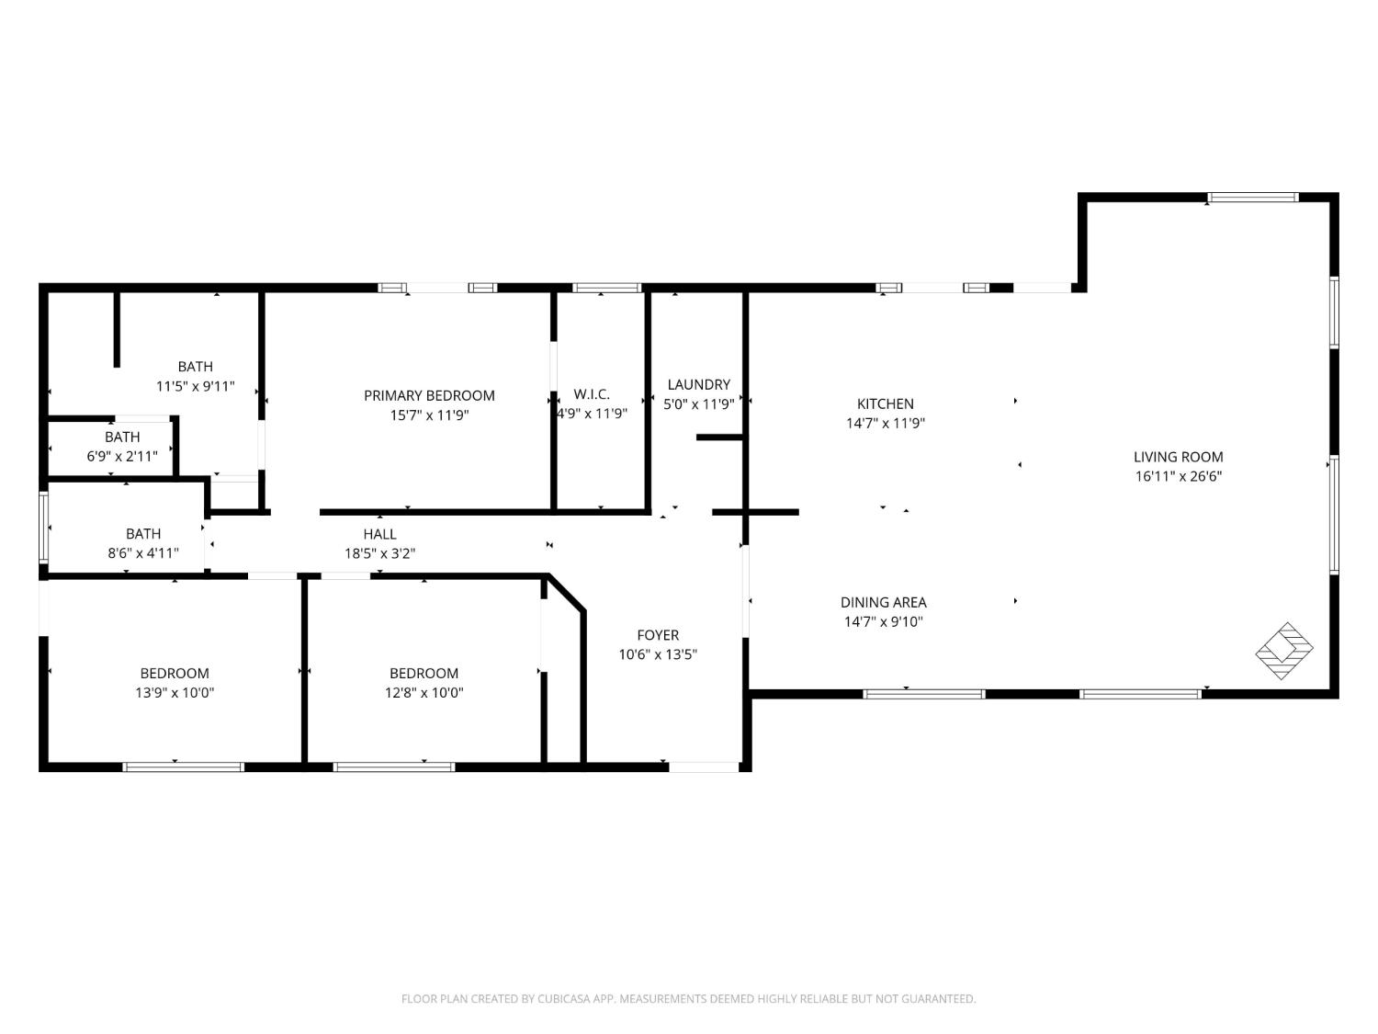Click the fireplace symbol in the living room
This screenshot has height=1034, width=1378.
[x=1284, y=651]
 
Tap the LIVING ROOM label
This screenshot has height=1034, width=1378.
[x=1178, y=457]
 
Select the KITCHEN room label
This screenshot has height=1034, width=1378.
[x=885, y=403]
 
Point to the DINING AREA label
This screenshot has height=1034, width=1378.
[x=883, y=602]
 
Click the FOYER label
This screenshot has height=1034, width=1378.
[x=658, y=635]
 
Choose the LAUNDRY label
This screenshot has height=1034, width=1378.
[x=698, y=384]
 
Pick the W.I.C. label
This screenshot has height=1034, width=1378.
[x=592, y=394]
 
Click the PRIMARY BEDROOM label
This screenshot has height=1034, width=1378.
[x=429, y=395]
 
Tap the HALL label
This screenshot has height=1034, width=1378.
[x=379, y=534]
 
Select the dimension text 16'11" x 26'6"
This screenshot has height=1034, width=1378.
[x=1178, y=476]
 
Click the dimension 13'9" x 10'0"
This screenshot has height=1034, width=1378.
[x=175, y=693]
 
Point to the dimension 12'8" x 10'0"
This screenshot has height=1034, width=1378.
[x=424, y=693]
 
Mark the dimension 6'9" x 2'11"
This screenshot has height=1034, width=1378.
[x=122, y=456]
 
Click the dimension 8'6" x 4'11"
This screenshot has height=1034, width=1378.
[x=143, y=553]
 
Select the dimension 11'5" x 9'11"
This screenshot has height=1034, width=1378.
[x=195, y=386]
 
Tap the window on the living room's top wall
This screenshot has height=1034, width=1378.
[x=1252, y=197]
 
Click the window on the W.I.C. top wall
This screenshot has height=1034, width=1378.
[x=606, y=288]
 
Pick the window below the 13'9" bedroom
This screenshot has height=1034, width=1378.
[x=183, y=767]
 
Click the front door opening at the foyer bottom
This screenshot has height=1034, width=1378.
[x=704, y=767]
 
